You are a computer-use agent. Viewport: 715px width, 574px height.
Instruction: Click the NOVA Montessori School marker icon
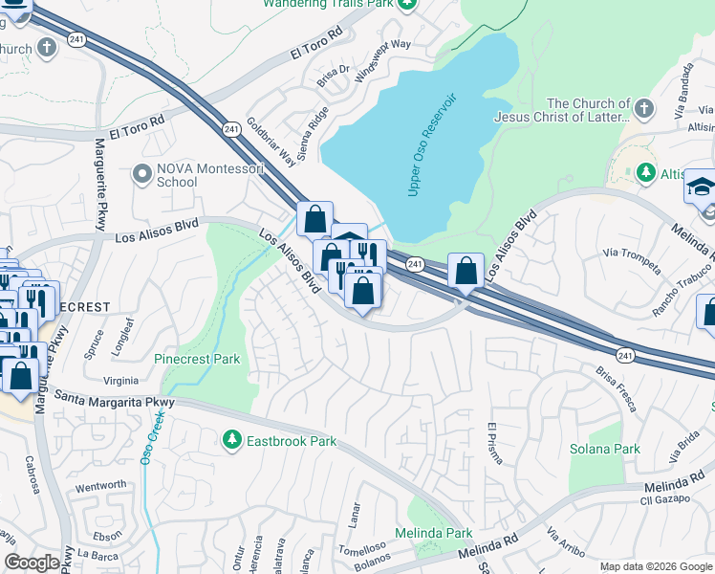point(142,174)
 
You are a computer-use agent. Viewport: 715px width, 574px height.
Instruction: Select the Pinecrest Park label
point(197,359)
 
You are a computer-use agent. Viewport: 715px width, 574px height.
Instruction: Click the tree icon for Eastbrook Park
point(230,440)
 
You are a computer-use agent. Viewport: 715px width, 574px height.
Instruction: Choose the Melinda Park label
point(434,533)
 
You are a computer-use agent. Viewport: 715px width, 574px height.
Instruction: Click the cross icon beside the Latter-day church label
point(645,108)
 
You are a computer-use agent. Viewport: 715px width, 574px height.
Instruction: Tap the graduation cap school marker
point(700,186)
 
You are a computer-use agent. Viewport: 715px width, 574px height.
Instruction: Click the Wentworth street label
point(99,485)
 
